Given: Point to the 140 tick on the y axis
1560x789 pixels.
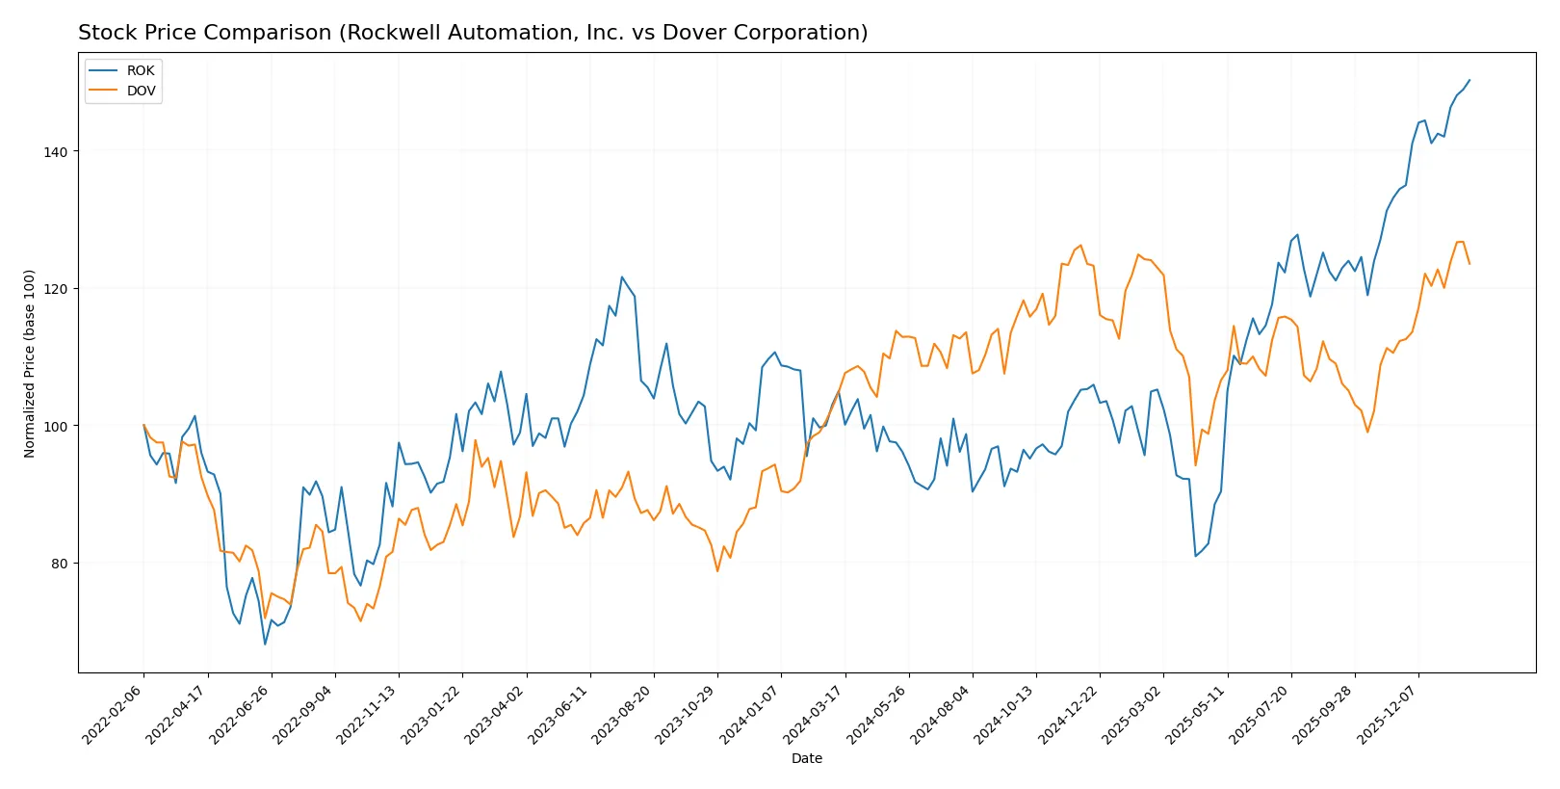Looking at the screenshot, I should pyautogui.click(x=55, y=152).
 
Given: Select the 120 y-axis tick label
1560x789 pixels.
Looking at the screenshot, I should pyautogui.click(x=55, y=289).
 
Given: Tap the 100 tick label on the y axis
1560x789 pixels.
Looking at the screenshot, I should pyautogui.click(x=55, y=427).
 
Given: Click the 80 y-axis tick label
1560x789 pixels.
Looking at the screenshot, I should pyautogui.click(x=59, y=564).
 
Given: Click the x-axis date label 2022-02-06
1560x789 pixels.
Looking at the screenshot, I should pyautogui.click(x=113, y=716).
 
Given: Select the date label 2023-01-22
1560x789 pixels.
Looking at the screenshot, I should pyautogui.click(x=430, y=716).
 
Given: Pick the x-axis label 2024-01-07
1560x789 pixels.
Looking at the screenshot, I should pyautogui.click(x=749, y=716).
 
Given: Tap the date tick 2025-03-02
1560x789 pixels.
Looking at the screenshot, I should pyautogui.click(x=1131, y=716).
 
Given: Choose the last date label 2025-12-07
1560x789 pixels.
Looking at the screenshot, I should pyautogui.click(x=1387, y=716).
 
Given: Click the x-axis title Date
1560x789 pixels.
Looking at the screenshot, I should pyautogui.click(x=806, y=759).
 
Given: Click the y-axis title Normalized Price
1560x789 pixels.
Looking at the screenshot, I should pyautogui.click(x=30, y=363).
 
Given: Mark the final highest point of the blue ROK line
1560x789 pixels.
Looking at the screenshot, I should pyautogui.click(x=1469, y=80).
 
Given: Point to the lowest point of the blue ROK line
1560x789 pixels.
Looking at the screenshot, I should pyautogui.click(x=265, y=644).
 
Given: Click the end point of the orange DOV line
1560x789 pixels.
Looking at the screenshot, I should pyautogui.click(x=1469, y=263).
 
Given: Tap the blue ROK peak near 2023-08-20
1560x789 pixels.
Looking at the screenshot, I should pyautogui.click(x=622, y=277).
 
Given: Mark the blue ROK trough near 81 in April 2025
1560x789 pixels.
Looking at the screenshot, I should pyautogui.click(x=1196, y=556).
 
